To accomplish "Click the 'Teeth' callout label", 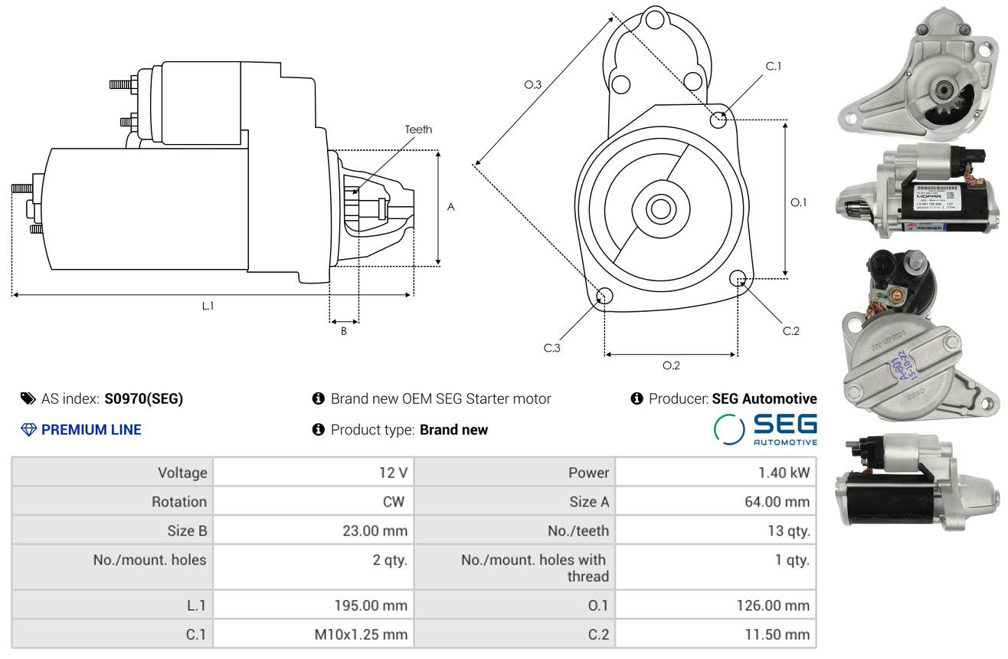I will (418, 130).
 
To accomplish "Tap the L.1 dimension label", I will (208, 306).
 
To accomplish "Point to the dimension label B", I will (344, 331).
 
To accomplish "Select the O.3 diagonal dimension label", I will (533, 85).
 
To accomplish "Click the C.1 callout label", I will (774, 66).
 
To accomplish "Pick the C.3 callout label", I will (552, 348).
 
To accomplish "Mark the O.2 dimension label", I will (671, 366).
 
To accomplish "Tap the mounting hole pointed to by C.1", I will (719, 119).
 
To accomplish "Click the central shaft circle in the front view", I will (659, 208).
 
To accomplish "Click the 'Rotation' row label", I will (178, 502).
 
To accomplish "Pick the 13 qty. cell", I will (790, 531).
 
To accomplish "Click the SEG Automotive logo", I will (766, 429).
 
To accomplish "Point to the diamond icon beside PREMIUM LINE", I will (28, 430).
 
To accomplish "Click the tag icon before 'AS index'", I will (28, 398).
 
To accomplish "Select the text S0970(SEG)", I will (144, 398).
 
